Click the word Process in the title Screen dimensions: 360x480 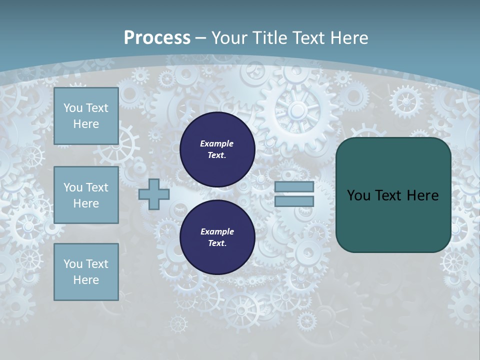coord(157,38)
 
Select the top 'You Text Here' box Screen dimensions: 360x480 coord(86,116)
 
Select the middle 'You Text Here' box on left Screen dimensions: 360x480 coord(86,195)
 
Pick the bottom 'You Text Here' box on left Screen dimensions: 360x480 coord(86,272)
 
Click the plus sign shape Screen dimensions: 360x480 coord(154,194)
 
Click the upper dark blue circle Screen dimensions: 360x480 coord(217,149)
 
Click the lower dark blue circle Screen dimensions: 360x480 coord(217,237)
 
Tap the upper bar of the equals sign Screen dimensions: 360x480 coord(294,187)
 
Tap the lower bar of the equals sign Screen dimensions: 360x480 coord(294,201)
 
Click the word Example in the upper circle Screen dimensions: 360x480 coord(217,143)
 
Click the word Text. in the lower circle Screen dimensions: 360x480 coord(217,243)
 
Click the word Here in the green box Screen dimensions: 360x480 coord(423,195)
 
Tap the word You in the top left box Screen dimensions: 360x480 coord(73,108)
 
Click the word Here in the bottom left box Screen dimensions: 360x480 coord(86,280)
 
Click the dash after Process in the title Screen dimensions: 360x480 coord(201,38)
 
